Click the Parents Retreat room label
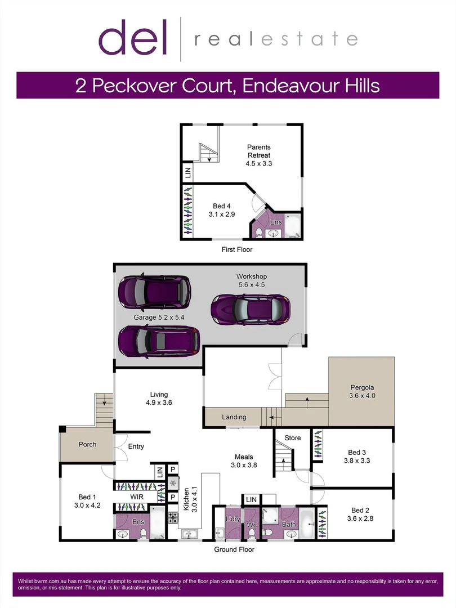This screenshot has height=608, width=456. click(258, 151)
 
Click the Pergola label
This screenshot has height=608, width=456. click(362, 387)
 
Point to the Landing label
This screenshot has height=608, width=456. click(234, 417)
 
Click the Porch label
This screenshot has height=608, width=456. click(87, 444)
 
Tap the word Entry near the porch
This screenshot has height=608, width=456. click(136, 446)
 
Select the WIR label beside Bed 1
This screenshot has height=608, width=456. click(137, 497)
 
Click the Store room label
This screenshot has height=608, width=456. click(293, 437)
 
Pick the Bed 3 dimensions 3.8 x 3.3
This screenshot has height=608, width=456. click(357, 461)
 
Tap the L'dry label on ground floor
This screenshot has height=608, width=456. click(233, 518)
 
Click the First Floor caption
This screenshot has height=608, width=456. click(236, 249)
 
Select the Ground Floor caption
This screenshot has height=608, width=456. click(234, 549)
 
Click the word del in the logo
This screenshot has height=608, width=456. click(133, 38)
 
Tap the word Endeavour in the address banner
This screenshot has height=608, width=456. click(285, 86)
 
